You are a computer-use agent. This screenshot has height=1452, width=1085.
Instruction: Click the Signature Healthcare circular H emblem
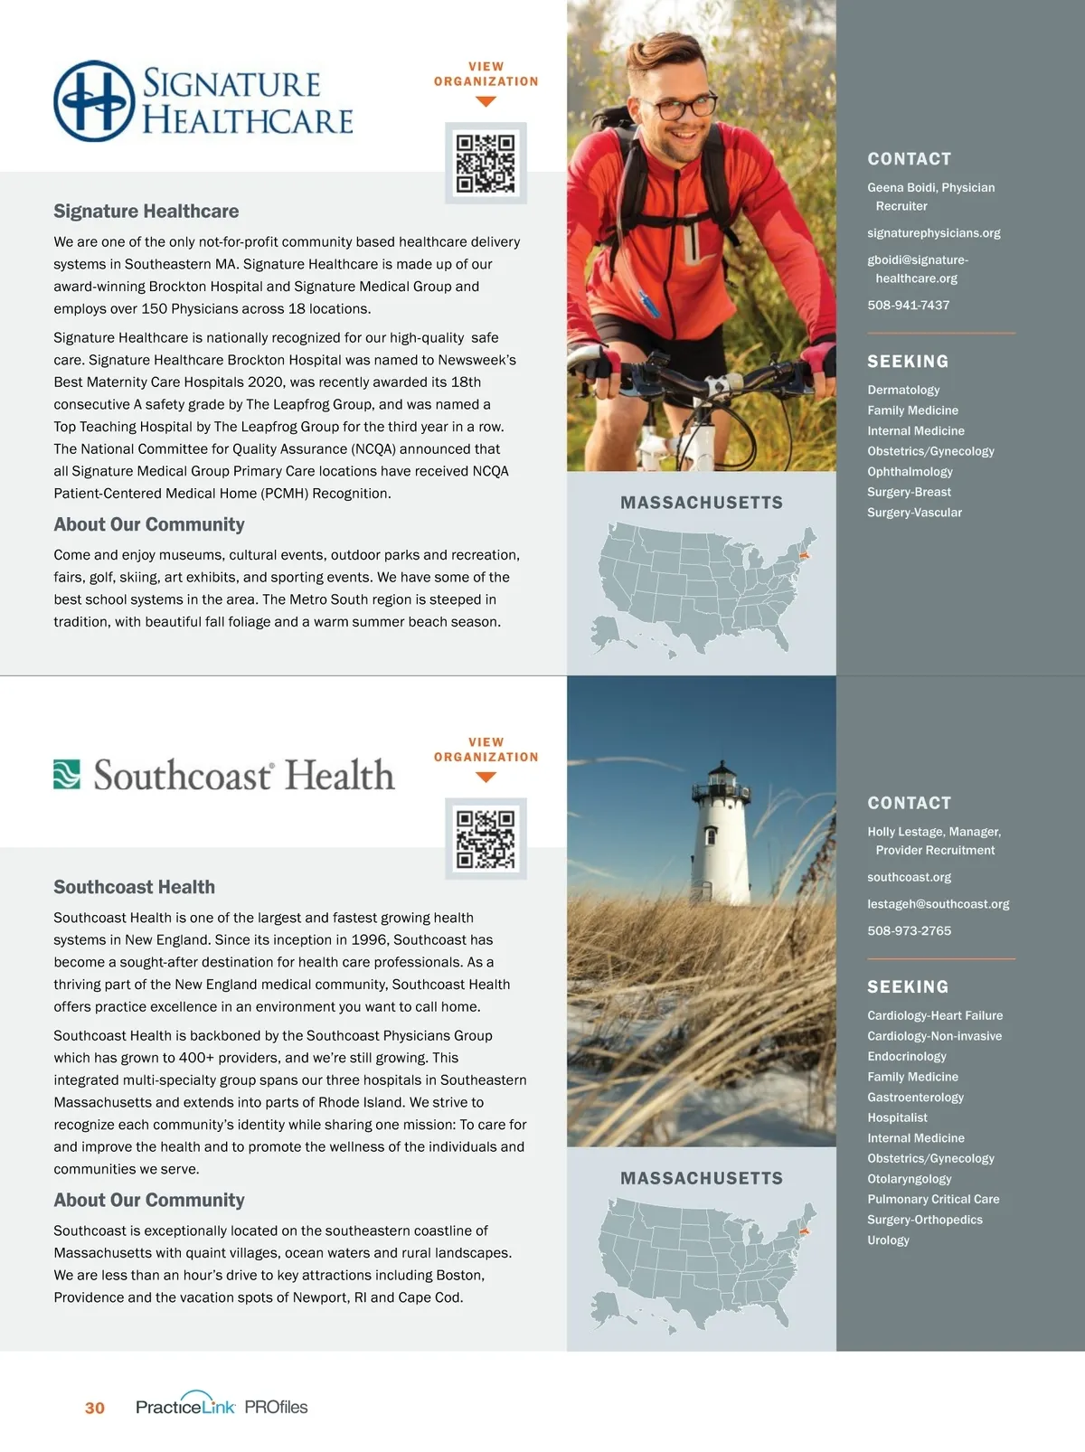94,101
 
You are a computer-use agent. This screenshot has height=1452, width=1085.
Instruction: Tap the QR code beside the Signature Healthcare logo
486,164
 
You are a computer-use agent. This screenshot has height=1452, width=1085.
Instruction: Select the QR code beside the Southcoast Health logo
486,839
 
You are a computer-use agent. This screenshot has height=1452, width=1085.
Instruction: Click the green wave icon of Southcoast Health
67,774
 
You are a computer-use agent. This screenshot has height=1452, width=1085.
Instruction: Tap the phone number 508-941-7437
908,306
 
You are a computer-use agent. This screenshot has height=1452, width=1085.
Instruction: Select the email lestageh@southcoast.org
938,904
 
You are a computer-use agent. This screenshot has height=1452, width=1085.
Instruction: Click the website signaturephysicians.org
933,233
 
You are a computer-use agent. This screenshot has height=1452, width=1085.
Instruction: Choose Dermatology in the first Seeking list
903,390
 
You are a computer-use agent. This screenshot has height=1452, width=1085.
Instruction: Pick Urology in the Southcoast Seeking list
888,1240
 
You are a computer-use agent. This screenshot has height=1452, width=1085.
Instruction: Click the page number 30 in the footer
95,1408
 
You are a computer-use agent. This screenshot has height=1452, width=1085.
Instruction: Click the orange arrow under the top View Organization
486,102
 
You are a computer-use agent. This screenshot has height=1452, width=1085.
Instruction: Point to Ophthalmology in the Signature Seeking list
910,472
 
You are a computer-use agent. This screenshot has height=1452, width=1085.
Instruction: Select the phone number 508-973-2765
909,931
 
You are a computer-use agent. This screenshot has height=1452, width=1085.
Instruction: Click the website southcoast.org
909,877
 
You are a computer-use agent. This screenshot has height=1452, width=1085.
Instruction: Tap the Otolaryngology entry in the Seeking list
909,1179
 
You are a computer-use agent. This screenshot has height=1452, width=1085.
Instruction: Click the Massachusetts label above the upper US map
702,503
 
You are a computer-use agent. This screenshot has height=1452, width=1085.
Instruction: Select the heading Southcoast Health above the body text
134,887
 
